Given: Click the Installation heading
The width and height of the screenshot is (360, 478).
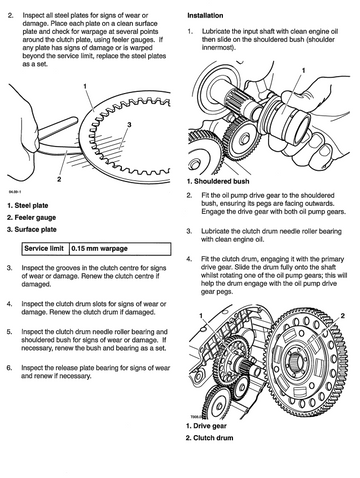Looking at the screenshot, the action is pos(205,15).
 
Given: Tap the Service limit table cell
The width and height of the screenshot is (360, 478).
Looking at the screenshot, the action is pos(45,249).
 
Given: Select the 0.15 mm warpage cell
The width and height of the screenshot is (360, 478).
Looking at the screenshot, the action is pos(120,249).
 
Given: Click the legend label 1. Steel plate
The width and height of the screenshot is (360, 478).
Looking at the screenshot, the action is pos(28,206).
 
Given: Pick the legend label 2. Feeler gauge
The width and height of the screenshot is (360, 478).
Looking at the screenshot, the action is pos(32,218).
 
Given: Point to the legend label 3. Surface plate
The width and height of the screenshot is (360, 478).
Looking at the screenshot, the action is pos(32,230).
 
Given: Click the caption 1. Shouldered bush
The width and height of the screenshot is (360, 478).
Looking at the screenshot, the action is pos(218,181).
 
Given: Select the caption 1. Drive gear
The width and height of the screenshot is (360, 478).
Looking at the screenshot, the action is pos(206,426).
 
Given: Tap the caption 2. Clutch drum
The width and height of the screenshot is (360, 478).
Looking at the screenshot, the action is pos(209,438).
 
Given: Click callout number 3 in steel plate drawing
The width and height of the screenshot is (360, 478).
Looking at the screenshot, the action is pos(129,125).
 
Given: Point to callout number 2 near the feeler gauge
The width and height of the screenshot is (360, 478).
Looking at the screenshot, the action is pos(59,179).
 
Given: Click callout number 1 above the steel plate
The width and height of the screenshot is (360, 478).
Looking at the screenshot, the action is pos(85,86).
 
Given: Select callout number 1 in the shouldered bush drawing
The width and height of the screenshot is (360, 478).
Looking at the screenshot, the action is pos(303,70).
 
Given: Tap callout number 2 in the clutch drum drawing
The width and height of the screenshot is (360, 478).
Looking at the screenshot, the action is pos(342,316).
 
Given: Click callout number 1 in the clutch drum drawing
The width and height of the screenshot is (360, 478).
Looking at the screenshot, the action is pos(201,315).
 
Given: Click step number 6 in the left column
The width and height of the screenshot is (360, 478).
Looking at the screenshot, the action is pos(9,368).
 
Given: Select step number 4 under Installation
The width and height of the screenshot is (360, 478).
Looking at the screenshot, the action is pos(189,259).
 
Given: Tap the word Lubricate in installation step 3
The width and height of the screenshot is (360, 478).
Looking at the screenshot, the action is pos(215,231).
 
